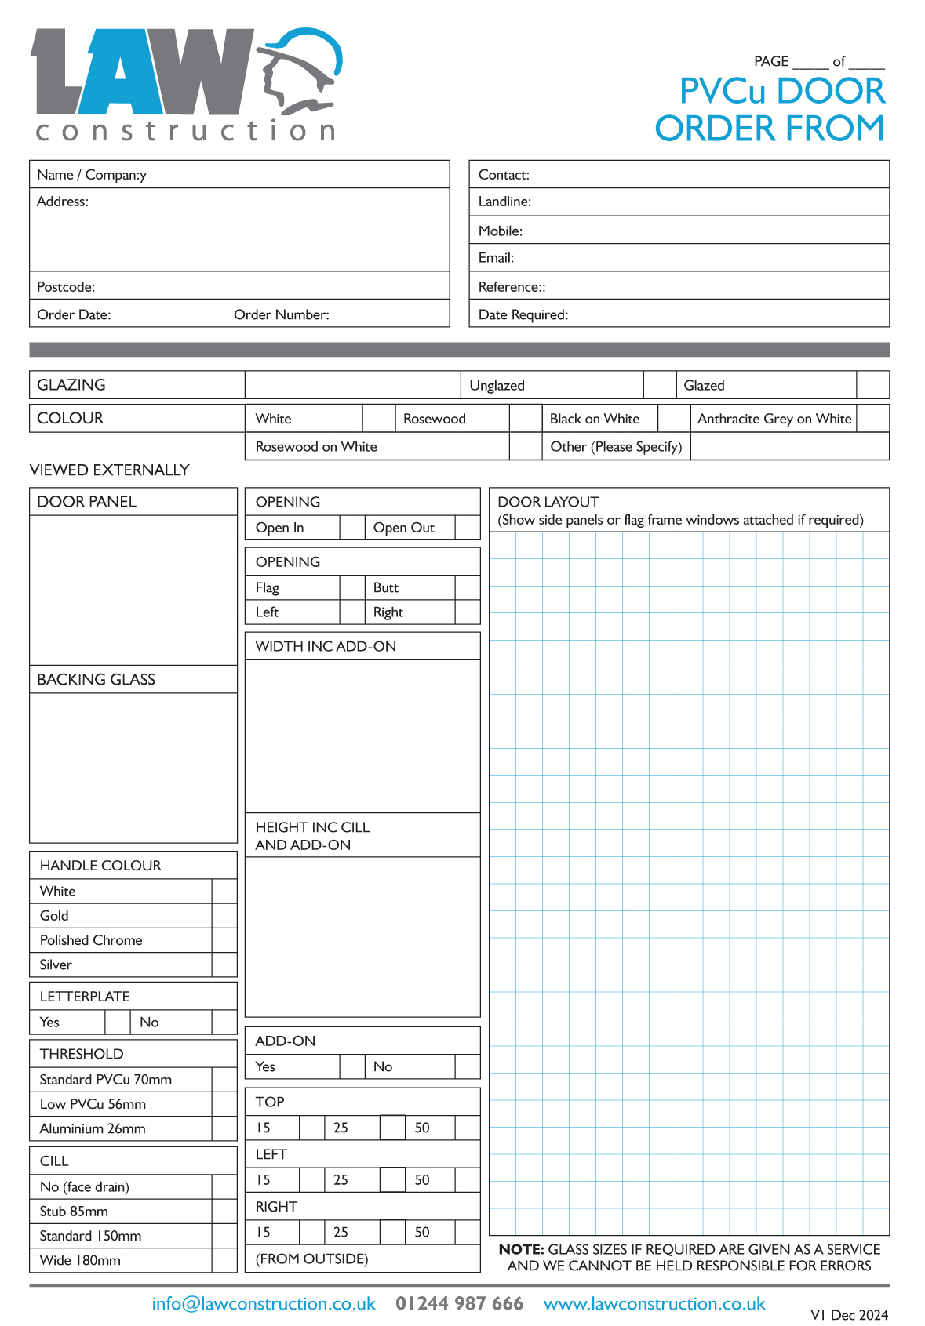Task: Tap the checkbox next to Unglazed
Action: tap(660, 385)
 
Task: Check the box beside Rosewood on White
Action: tap(526, 446)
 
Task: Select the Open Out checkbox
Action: tap(468, 528)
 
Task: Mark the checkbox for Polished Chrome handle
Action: tap(224, 940)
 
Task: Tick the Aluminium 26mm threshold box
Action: tap(224, 1128)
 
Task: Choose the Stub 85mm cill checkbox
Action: tap(224, 1211)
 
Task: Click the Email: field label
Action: tap(497, 258)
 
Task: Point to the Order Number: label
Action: tap(282, 314)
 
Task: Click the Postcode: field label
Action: tap(66, 287)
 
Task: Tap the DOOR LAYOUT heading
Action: tap(548, 502)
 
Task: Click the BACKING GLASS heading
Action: tap(97, 680)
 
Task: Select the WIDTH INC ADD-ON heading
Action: tap(326, 646)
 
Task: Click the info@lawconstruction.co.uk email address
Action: tap(264, 1303)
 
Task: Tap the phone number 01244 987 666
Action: tap(459, 1303)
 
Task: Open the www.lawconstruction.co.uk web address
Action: tap(654, 1303)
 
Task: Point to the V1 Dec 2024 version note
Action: tap(849, 1315)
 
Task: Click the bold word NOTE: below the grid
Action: tap(522, 1249)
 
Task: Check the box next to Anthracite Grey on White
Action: tap(872, 419)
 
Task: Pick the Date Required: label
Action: tap(523, 314)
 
